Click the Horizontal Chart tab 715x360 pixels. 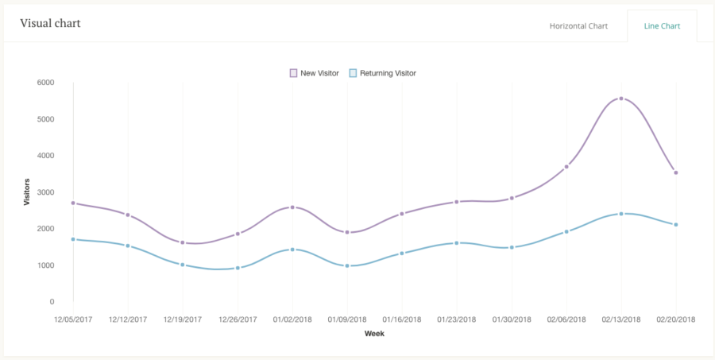[x=578, y=26]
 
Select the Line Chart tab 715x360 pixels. [x=661, y=26]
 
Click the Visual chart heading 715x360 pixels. [x=50, y=23]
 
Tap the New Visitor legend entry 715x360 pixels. [x=315, y=73]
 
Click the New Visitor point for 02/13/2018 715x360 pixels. [x=621, y=99]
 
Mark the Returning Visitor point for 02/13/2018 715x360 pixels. [x=621, y=214]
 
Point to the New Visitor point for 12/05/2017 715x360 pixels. [x=73, y=203]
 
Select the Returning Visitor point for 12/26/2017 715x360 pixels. [x=238, y=268]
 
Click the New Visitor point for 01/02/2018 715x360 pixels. [x=292, y=207]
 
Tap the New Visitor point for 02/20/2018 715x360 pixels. [x=676, y=172]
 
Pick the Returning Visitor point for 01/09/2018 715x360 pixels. [x=347, y=265]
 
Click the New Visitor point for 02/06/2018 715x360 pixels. [x=566, y=167]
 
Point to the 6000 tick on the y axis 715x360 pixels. [x=45, y=83]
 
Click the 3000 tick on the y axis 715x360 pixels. [x=45, y=192]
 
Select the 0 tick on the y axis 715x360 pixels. [x=51, y=302]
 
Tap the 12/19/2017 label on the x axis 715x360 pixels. [x=183, y=319]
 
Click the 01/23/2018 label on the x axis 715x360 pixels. [x=457, y=319]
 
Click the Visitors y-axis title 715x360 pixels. [x=26, y=192]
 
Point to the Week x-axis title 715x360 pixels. [x=374, y=334]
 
